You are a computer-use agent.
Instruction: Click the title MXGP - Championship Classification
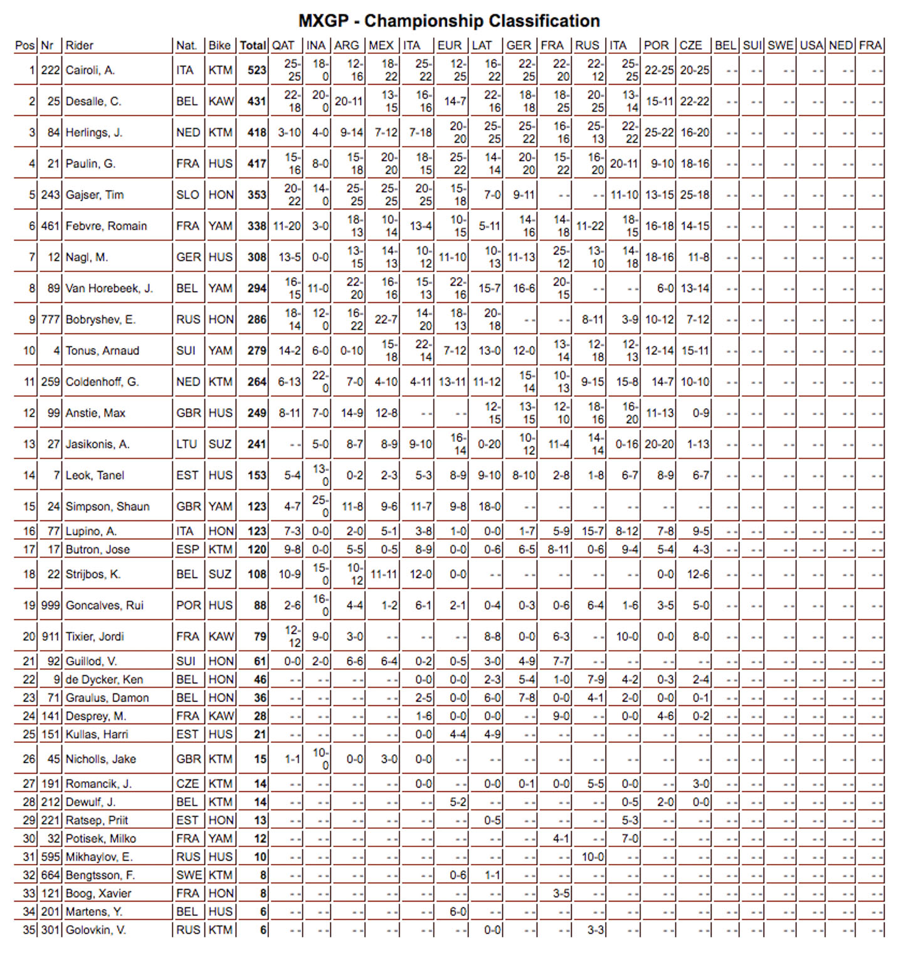[x=449, y=21]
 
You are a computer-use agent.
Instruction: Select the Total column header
[x=253, y=46]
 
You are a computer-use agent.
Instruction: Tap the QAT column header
[x=283, y=46]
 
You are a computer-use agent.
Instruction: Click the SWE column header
[x=780, y=46]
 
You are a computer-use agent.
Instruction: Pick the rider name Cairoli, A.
[x=90, y=70]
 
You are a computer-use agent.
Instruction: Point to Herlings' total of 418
[x=256, y=133]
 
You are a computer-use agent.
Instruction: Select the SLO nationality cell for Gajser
[x=187, y=195]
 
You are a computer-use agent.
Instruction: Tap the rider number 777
[x=50, y=320]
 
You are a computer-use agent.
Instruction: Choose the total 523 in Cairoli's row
[x=256, y=70]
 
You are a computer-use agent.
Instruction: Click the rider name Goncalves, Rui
[x=105, y=606]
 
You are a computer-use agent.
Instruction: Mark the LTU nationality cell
[x=187, y=445]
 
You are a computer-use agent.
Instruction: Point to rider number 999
[x=50, y=606]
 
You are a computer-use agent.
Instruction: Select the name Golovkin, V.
[x=96, y=930]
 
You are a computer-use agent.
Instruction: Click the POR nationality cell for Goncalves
[x=188, y=606]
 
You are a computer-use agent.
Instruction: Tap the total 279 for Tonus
[x=256, y=351]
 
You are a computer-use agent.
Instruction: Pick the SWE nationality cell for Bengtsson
[x=189, y=875]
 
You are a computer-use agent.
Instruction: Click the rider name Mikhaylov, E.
[x=99, y=857]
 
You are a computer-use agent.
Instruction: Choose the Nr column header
[x=47, y=46]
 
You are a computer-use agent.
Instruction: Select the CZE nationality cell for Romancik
[x=187, y=784]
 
